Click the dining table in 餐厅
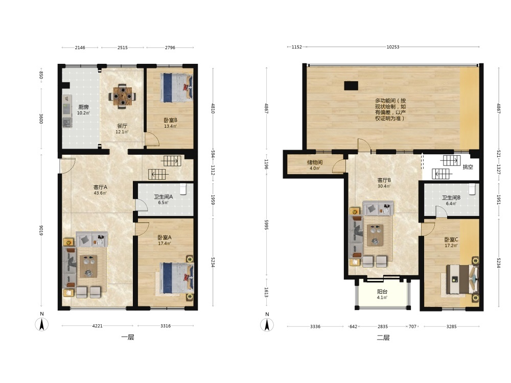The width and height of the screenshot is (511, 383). click(122, 96)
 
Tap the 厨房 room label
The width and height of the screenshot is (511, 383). click(83, 107)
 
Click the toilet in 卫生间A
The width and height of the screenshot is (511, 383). click(183, 189)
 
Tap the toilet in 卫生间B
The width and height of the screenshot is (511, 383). click(472, 189)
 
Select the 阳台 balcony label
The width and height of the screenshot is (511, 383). click(382, 292)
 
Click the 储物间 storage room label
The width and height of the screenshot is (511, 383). click(314, 162)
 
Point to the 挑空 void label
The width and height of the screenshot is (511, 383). click(468, 167)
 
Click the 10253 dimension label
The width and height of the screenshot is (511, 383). click(392, 47)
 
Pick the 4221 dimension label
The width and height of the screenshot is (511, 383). click(98, 326)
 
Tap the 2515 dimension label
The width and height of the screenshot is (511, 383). click(122, 47)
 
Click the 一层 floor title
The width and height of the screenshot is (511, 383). click(128, 337)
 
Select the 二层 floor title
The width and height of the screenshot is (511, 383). click(383, 338)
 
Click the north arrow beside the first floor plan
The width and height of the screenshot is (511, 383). click(42, 324)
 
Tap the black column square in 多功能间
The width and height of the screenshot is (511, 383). click(351, 86)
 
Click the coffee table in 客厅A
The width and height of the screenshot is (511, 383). click(88, 266)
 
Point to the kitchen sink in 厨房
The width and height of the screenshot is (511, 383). click(67, 123)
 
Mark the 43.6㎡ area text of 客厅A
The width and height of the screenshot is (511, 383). click(100, 193)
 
